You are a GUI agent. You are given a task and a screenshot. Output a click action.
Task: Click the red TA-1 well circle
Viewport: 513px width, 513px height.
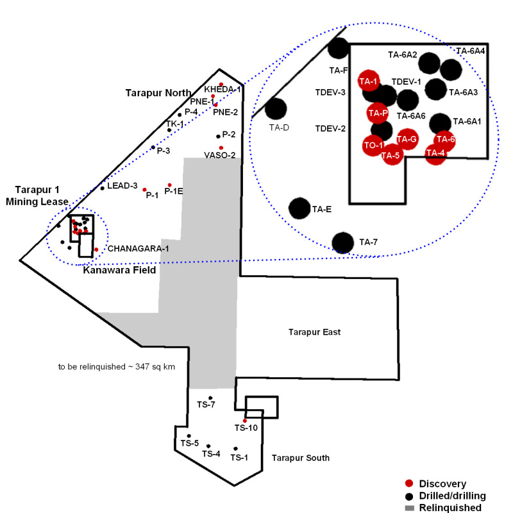tap(369, 81)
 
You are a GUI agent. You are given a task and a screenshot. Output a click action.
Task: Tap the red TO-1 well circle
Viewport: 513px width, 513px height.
tap(373, 146)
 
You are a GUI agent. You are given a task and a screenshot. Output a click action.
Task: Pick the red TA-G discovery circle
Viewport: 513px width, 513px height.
tap(407, 139)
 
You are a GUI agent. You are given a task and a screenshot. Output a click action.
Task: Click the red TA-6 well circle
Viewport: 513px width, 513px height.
tap(445, 140)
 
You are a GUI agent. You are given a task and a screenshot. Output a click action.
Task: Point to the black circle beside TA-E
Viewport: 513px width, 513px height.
tap(300, 208)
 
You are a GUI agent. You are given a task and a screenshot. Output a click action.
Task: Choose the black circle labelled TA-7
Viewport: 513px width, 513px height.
tap(343, 242)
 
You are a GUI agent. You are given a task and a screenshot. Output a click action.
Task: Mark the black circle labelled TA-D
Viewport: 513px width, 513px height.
tap(276, 109)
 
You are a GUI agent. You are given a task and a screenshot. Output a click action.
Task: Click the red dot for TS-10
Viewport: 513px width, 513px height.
tap(245, 421)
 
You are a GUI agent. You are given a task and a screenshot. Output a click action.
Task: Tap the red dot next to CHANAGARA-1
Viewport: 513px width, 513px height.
tap(96, 249)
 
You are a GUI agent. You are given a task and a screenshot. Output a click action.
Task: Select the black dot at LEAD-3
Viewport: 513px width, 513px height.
tap(103, 188)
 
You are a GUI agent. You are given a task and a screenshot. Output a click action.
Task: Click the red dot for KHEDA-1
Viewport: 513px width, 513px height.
tap(221, 85)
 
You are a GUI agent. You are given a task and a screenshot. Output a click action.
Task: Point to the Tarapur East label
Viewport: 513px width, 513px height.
tap(312, 332)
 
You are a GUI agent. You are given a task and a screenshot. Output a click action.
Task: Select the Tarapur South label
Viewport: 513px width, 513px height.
tap(300, 458)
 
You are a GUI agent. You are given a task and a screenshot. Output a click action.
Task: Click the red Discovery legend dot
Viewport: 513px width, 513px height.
tap(408, 483)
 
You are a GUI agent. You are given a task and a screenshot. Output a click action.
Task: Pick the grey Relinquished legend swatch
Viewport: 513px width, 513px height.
tap(408, 508)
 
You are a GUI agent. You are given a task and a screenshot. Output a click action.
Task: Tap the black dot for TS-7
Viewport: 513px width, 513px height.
tap(210, 398)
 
